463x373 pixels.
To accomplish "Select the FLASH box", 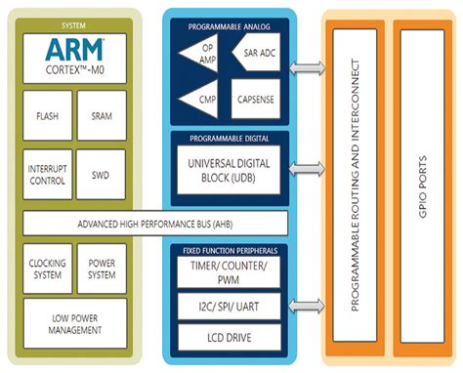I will (47, 116).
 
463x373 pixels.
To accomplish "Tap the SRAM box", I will (102, 116).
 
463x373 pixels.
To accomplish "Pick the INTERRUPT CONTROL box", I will (47, 174).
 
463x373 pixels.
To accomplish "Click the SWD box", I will (102, 174).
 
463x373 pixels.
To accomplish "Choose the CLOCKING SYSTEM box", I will (47, 269).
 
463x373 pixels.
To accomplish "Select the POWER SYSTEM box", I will (102, 269).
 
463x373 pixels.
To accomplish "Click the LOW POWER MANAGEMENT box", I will (74, 323).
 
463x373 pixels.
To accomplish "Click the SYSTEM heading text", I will (74, 23).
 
